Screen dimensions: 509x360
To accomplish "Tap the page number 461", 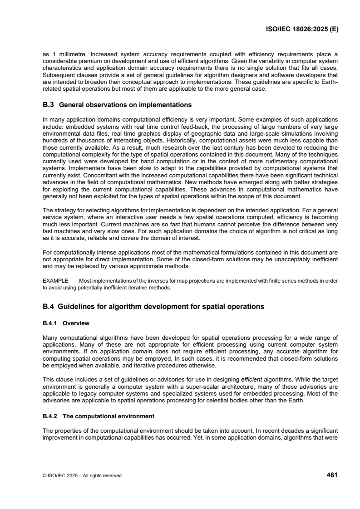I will (332, 475).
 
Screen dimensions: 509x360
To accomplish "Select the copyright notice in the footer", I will (82, 475).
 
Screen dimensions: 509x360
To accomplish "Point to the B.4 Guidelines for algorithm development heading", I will (153, 307).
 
